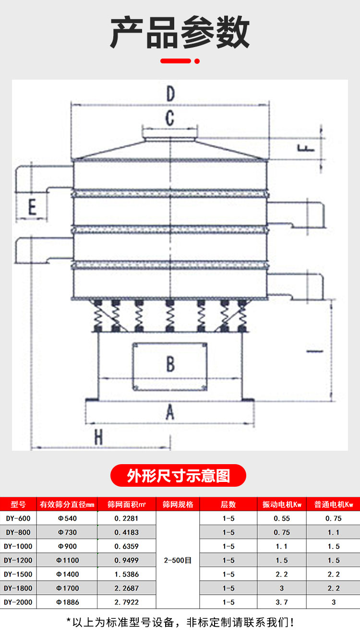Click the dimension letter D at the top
coord(170,94)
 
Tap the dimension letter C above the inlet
coord(170,118)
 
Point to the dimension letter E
coord(32,207)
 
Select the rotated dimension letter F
coord(306,148)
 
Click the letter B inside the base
coord(170,364)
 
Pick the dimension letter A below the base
coord(170,412)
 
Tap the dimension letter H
coord(98,437)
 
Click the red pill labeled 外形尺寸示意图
coord(178,475)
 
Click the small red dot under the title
coord(197,61)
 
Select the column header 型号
coord(18,504)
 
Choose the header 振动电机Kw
coord(282,504)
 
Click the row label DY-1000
coord(18,546)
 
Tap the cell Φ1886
coord(68,602)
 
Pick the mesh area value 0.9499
coord(127,560)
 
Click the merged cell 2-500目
coord(178,560)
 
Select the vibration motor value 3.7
coord(282,602)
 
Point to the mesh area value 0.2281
coord(126,518)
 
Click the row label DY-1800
coord(18,588)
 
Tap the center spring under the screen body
coord(170,316)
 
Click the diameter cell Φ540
coord(68,518)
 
